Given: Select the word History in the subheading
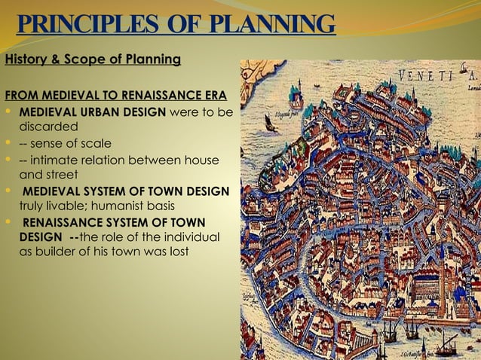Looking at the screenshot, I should [25, 59].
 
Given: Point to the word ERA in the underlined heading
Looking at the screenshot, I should [215, 96].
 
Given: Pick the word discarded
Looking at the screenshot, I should [48, 126].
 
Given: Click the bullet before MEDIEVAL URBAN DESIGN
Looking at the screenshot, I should [8, 111].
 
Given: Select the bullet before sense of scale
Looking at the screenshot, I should [8, 143].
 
